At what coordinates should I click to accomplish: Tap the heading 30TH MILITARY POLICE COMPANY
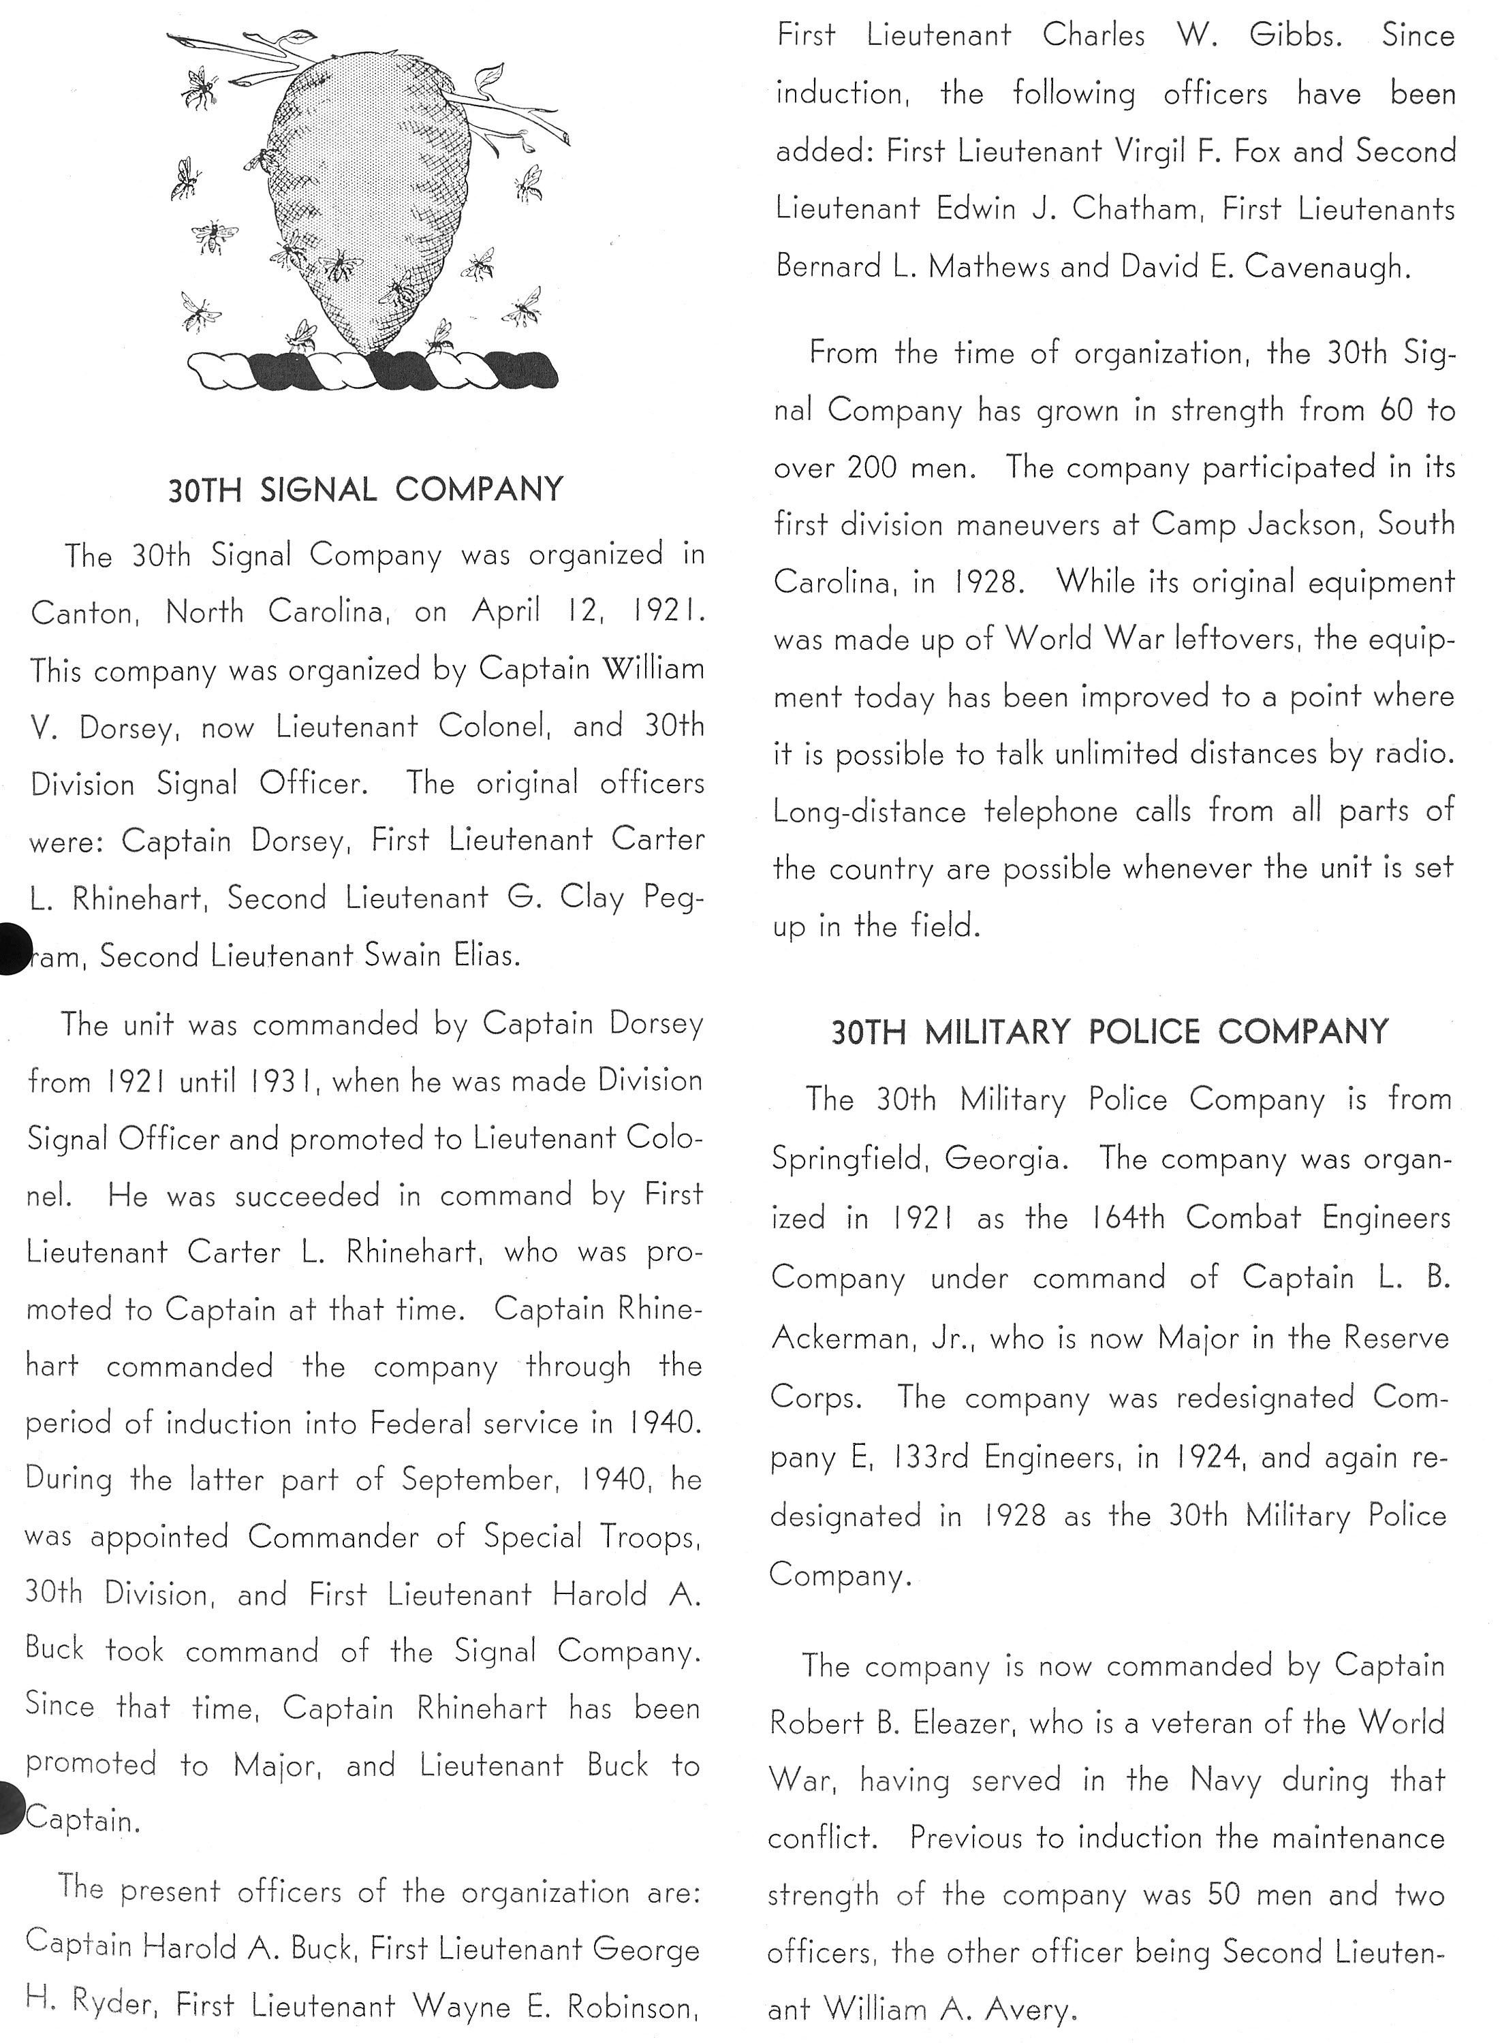click(x=1110, y=1031)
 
